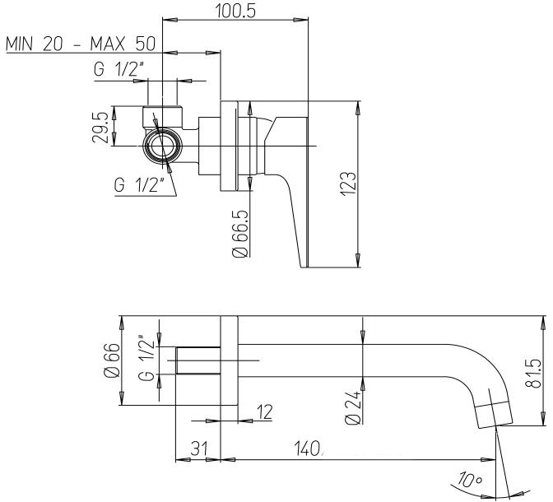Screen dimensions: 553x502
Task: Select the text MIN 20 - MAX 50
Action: click(x=81, y=44)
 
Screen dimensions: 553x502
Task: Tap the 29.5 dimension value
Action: click(x=99, y=128)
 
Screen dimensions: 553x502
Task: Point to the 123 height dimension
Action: click(x=348, y=182)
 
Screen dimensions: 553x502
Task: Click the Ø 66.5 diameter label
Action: click(x=240, y=234)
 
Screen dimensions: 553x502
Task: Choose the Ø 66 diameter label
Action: click(x=113, y=360)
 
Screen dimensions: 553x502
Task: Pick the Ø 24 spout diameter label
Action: click(x=353, y=407)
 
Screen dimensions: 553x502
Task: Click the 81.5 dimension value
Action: click(x=532, y=374)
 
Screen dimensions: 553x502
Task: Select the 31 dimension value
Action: click(x=199, y=449)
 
